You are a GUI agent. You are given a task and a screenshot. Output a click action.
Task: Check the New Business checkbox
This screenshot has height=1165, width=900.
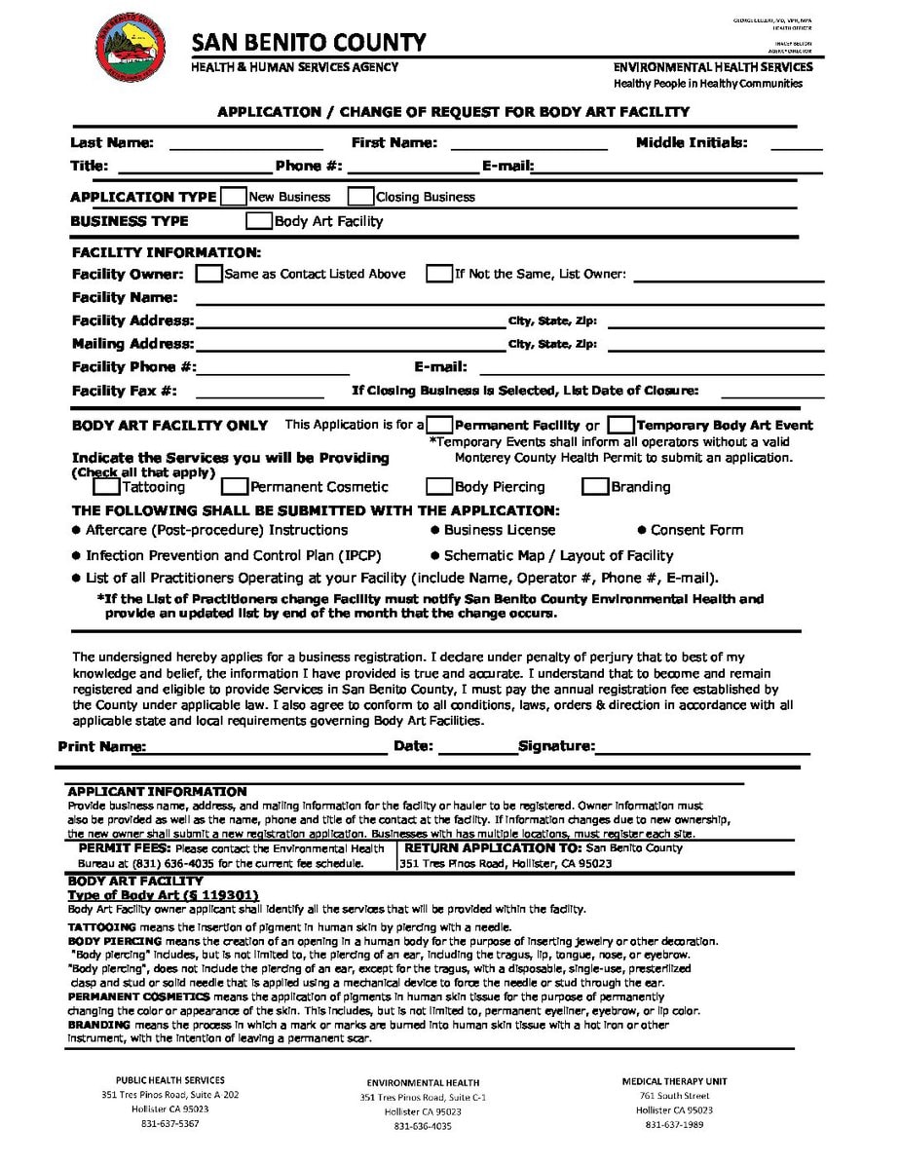[233, 196]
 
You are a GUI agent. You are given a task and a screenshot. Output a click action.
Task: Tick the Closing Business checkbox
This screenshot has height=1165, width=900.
[360, 196]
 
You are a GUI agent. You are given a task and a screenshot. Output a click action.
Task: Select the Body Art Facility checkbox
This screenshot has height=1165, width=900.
[259, 221]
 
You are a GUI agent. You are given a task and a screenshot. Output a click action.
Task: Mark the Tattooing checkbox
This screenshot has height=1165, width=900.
[107, 486]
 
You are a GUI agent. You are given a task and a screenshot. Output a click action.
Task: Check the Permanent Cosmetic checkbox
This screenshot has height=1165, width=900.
[234, 486]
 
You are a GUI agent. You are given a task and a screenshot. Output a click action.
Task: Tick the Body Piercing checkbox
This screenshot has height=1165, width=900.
[439, 486]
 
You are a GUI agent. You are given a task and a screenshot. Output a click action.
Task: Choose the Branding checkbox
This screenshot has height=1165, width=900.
[594, 486]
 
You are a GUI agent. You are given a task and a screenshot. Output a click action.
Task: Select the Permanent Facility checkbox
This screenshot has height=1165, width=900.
[440, 425]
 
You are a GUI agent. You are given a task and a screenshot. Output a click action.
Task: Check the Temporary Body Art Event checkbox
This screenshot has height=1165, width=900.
[620, 425]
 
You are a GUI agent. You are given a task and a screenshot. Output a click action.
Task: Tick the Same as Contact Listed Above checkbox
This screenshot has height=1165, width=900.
[208, 274]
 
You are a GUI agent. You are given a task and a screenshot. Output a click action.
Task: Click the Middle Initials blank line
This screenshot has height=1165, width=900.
[796, 147]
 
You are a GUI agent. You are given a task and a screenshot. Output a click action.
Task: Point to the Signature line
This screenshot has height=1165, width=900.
[701, 751]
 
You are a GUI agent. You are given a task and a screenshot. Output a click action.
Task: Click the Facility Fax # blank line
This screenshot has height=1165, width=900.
[259, 395]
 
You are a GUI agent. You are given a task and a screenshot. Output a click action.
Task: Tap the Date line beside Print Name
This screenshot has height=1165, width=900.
[477, 751]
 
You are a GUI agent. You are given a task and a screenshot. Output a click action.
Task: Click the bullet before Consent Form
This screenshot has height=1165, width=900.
[642, 530]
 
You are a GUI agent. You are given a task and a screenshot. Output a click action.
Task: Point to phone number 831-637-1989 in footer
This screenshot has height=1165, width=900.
[674, 1124]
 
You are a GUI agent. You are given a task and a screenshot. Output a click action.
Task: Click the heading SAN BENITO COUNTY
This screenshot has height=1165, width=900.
[309, 43]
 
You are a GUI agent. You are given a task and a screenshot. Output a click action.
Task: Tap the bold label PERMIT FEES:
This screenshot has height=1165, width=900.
[125, 848]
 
